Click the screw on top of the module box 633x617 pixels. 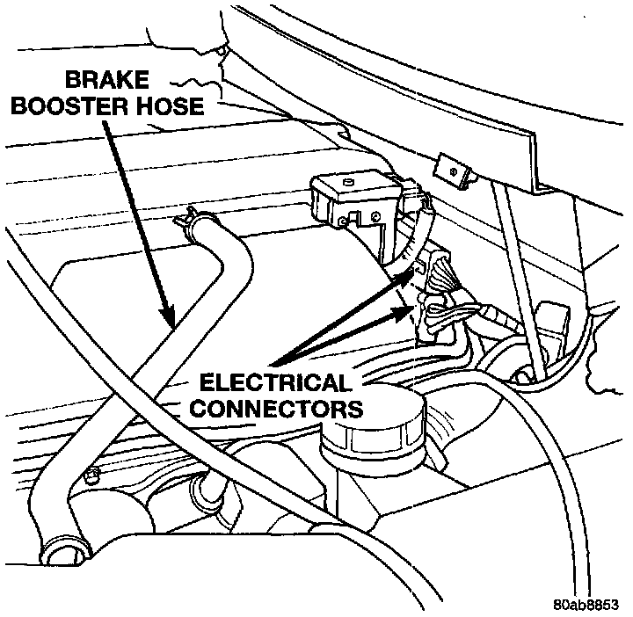(349, 182)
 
